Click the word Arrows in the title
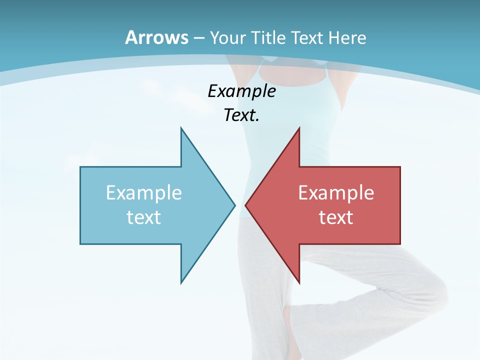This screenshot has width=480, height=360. [156, 37]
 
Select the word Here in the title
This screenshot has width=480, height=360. [347, 37]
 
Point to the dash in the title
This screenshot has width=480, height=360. [198, 38]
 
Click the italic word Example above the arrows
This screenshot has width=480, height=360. [242, 91]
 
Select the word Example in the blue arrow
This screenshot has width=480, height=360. [144, 193]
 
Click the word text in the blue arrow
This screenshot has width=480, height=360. [144, 217]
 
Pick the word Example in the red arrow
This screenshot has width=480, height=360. [336, 193]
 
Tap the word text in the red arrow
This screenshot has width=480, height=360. [336, 217]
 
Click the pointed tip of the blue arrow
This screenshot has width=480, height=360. [234, 205]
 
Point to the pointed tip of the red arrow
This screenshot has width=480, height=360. [246, 205]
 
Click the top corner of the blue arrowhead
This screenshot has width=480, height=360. [181, 128]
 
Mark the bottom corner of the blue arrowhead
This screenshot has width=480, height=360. [181, 282]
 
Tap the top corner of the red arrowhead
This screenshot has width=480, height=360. [299, 128]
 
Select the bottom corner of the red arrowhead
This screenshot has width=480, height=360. [299, 282]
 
